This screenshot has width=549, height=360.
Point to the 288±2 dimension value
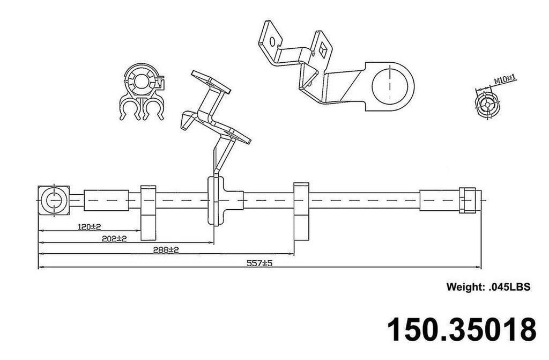[x=166, y=249]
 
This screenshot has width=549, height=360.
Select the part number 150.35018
[x=462, y=329]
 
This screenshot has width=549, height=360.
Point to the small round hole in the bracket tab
[x=273, y=41]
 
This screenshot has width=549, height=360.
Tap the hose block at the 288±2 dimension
[x=301, y=211]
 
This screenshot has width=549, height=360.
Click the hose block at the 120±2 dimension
[x=148, y=212]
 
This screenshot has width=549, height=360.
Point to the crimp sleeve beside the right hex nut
[x=439, y=201]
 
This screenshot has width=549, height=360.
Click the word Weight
[x=465, y=287]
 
